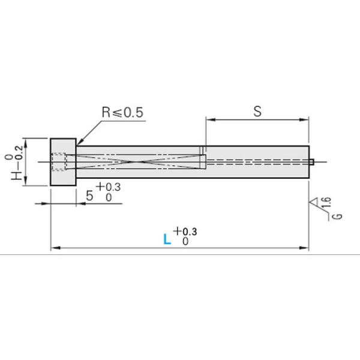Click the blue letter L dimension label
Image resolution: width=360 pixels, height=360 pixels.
click(x=167, y=239)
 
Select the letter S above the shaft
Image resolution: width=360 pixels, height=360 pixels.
click(x=257, y=111)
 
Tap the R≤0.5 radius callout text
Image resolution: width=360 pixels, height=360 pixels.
click(x=122, y=112)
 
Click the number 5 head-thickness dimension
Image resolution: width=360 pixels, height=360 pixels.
click(x=89, y=196)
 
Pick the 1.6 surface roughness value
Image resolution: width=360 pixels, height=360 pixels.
click(x=327, y=202)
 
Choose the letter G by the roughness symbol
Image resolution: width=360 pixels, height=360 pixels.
click(x=337, y=216)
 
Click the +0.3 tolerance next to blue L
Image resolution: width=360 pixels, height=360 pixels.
click(x=185, y=231)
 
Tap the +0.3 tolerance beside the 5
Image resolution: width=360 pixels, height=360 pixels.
click(x=109, y=187)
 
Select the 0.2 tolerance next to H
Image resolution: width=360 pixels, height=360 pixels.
click(x=19, y=153)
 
